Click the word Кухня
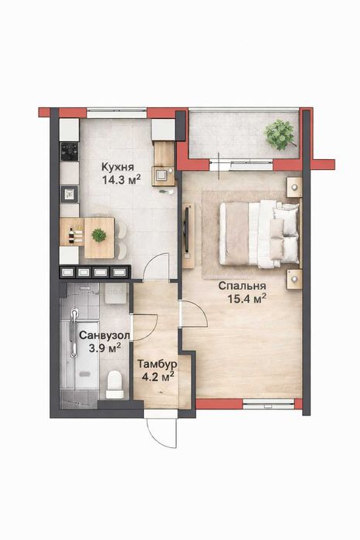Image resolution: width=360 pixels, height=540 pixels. pos(118,166)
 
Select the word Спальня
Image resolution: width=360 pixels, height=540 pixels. pos(239,284)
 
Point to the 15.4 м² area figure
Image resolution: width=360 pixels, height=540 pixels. pos(247,298)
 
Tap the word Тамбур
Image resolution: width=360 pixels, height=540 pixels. pos(157,363)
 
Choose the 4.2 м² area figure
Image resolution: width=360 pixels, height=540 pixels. pos(156,377)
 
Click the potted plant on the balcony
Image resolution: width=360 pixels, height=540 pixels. pos(280,134)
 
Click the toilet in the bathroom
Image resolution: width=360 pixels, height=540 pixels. pos(114,382)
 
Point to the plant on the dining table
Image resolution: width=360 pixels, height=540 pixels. pos(98,234)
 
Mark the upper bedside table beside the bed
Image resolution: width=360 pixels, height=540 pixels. pos(294,188)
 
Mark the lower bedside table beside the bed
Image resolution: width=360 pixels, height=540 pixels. pos(294,278)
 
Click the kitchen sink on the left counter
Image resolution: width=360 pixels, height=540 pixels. pos(70,192)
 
